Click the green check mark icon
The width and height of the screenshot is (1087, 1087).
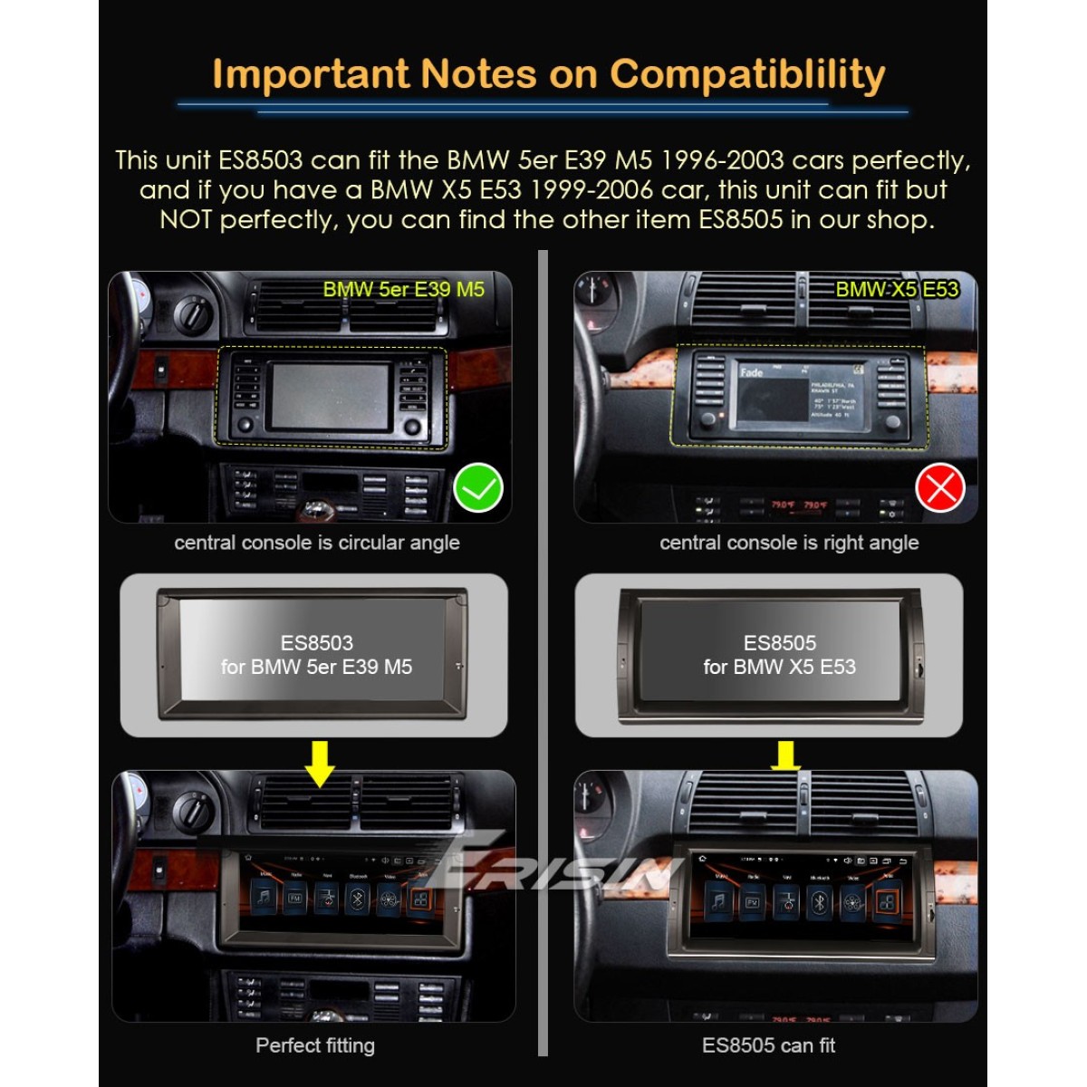click(477, 488)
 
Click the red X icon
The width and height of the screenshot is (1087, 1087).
click(940, 488)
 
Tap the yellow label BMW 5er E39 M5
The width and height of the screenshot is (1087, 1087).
click(403, 290)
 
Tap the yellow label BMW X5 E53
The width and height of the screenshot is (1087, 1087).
click(896, 290)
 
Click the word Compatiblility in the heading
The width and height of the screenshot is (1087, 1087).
click(747, 75)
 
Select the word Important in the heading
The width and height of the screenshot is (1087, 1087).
click(311, 74)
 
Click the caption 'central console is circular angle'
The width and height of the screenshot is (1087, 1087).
click(317, 543)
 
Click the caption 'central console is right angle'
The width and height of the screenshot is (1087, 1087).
click(789, 543)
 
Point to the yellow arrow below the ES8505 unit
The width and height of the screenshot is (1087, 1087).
click(785, 755)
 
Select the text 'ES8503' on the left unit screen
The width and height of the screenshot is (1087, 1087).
click(317, 643)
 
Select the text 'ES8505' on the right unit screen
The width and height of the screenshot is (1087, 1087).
click(780, 643)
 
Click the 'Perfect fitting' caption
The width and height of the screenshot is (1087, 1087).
click(315, 1045)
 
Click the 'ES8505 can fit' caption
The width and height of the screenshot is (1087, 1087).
click(768, 1045)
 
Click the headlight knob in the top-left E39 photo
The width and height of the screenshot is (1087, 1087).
click(192, 313)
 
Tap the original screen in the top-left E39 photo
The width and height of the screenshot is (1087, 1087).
click(331, 397)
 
